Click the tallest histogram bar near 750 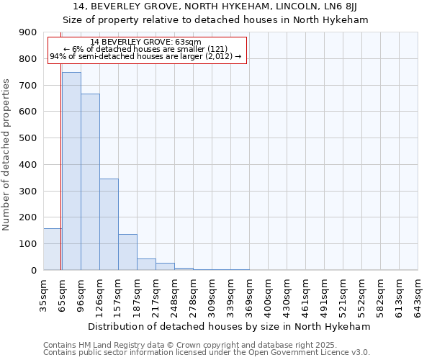(x=71, y=171)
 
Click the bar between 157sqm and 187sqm (x=127, y=252)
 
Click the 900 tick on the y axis (x=28, y=32)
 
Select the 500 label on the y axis (x=28, y=138)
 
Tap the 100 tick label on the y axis (x=28, y=244)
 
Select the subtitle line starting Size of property (x=215, y=20)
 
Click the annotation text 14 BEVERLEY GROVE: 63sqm (x=146, y=42)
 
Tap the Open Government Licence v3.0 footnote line (x=207, y=352)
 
